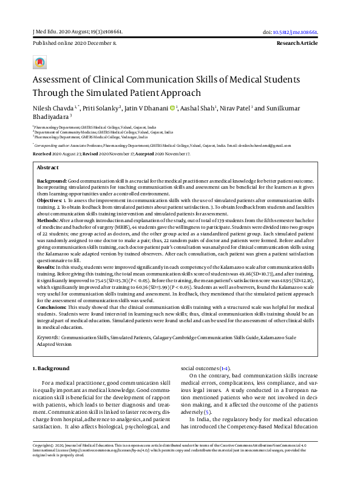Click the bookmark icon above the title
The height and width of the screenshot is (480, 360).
(x=39, y=63)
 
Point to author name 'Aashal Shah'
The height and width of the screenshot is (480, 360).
(x=195, y=108)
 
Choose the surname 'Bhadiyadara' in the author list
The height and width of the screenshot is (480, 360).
(x=50, y=117)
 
